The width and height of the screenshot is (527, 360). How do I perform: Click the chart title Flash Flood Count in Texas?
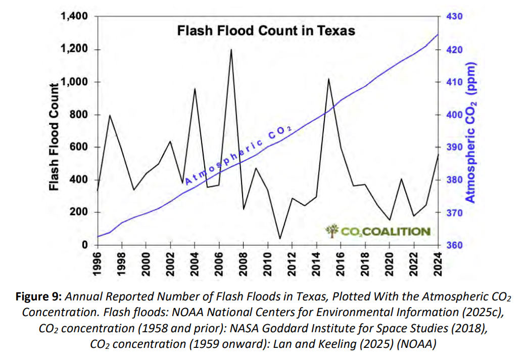266,31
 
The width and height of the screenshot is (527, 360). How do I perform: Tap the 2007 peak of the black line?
231,50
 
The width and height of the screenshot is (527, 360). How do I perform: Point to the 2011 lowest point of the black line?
279,238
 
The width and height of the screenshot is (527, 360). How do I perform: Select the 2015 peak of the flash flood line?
328,79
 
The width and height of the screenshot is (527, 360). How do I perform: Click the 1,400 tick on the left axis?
74,17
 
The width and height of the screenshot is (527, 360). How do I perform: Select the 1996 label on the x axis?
98,263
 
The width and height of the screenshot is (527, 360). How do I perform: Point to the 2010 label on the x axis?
268,263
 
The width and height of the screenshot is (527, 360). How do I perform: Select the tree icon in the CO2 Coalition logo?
331,231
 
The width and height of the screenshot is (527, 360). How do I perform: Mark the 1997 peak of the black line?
110,115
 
